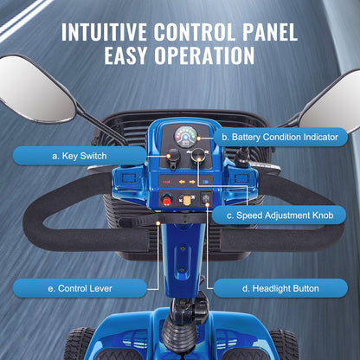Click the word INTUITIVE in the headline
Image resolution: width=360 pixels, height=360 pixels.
click(x=104, y=32)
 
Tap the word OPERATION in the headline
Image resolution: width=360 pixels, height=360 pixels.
click(x=204, y=55)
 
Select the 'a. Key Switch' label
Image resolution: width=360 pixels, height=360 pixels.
click(x=80, y=156)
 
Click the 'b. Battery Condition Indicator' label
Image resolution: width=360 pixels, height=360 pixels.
click(x=280, y=137)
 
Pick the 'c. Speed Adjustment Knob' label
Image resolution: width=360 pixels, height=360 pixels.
click(x=280, y=215)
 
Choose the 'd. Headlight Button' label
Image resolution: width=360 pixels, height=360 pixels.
click(x=280, y=288)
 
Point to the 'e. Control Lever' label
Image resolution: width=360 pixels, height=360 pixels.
click(x=80, y=288)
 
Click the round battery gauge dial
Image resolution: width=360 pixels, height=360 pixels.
click(x=185, y=137)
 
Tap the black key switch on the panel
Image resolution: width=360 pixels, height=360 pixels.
click(x=174, y=158)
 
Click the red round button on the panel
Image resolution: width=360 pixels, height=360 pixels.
click(x=166, y=200)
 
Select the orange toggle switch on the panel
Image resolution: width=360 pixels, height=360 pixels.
click(x=186, y=199)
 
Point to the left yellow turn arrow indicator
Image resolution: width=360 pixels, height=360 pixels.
click(x=182, y=182)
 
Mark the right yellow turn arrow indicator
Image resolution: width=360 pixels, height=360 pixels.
click(x=192, y=182)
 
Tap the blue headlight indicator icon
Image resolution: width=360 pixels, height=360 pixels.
click(x=206, y=182)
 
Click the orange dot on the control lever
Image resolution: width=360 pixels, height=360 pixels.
click(x=157, y=223)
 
